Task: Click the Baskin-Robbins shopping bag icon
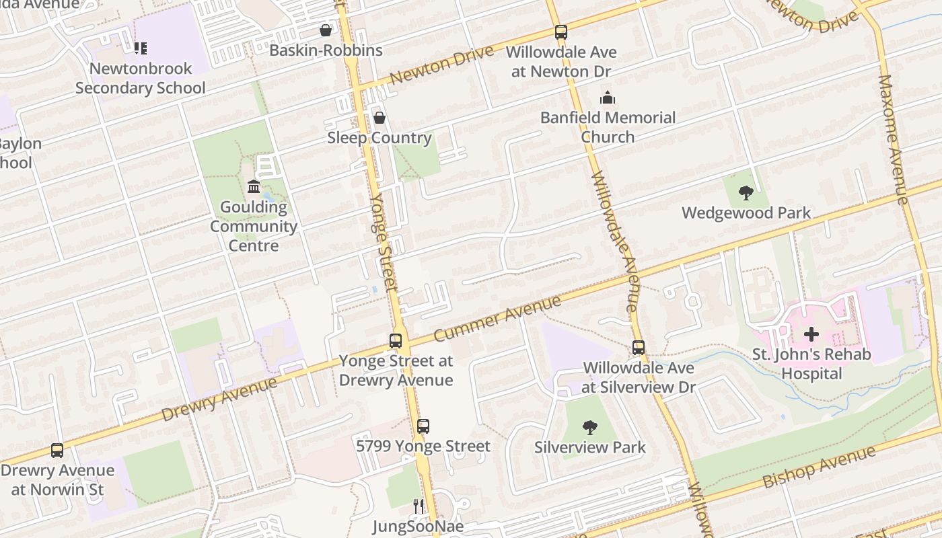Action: click(326, 30)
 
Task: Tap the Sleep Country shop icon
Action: click(379, 118)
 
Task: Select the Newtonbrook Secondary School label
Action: click(141, 78)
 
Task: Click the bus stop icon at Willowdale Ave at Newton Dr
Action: click(560, 32)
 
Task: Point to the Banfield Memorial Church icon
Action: click(608, 98)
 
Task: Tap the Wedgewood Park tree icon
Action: click(746, 193)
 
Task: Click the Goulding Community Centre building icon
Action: click(254, 186)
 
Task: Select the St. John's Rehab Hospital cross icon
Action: click(811, 334)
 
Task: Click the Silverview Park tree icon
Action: click(589, 427)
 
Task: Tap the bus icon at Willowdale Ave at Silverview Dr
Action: click(638, 348)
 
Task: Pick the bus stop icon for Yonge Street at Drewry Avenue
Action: click(396, 340)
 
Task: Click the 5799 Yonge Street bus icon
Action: click(423, 426)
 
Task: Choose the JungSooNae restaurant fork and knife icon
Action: click(419, 506)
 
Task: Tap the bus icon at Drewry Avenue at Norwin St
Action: click(57, 450)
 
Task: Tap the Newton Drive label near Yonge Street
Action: click(441, 65)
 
